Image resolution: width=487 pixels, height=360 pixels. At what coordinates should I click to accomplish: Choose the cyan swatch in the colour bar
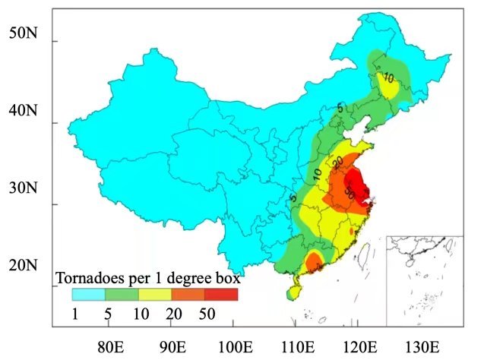point(88,295)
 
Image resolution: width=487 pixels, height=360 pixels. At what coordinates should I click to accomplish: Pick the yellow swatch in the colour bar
point(155,295)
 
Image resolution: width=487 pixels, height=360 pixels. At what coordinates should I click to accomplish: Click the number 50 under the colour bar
point(205,312)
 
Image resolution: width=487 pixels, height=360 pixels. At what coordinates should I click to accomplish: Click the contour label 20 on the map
point(337,163)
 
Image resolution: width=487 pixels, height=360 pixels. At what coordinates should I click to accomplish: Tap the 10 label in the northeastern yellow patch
point(387,78)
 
